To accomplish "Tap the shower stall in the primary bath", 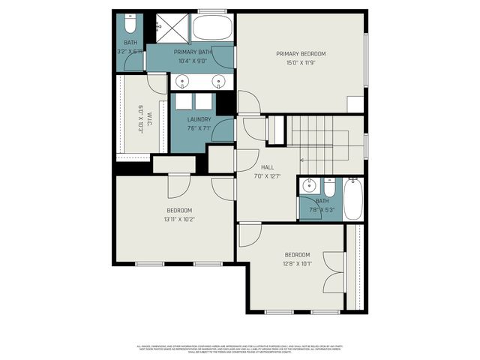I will point(170,28).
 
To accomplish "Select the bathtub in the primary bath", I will point(212,29).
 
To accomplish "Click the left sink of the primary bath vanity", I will point(183,81).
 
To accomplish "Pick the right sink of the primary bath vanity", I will point(219,81).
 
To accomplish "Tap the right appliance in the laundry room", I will point(203,103).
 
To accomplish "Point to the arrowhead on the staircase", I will point(301,159).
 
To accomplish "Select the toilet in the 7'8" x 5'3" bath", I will point(331,184).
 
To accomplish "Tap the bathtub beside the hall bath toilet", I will point(353,199).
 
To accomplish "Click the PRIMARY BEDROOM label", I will point(301,53).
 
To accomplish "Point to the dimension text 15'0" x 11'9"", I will point(301,62).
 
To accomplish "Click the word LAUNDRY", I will point(199,119).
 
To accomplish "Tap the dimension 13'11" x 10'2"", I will point(180,219).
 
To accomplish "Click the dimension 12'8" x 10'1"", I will point(297,263).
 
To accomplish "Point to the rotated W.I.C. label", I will point(143,118).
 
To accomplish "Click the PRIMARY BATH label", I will point(190,52).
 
